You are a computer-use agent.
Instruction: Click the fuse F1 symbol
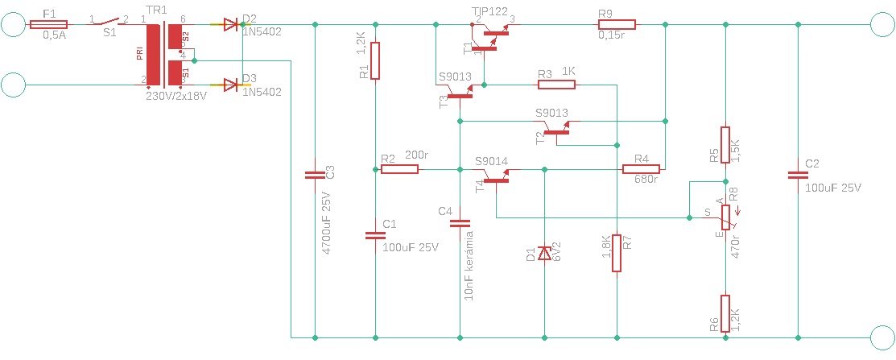pyautogui.click(x=48, y=25)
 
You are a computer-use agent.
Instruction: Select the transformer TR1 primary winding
pyautogui.click(x=153, y=54)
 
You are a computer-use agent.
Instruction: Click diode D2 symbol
pyautogui.click(x=230, y=25)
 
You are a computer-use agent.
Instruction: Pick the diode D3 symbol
pyautogui.click(x=230, y=85)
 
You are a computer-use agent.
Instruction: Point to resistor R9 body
pyautogui.click(x=617, y=25)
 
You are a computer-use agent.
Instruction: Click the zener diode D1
pyautogui.click(x=544, y=252)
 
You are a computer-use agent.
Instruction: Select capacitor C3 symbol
pyautogui.click(x=315, y=176)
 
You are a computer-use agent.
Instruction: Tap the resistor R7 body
pyautogui.click(x=617, y=253)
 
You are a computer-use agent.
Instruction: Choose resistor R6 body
pyautogui.click(x=725, y=314)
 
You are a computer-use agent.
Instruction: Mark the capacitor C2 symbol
pyautogui.click(x=799, y=176)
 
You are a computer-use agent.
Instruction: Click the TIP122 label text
pyautogui.click(x=489, y=10)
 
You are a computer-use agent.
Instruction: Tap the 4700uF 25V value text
pyautogui.click(x=328, y=219)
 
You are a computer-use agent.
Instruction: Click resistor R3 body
pyautogui.click(x=556, y=85)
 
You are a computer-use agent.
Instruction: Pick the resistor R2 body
pyautogui.click(x=399, y=169)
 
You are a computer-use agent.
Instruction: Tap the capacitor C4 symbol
pyautogui.click(x=460, y=224)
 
